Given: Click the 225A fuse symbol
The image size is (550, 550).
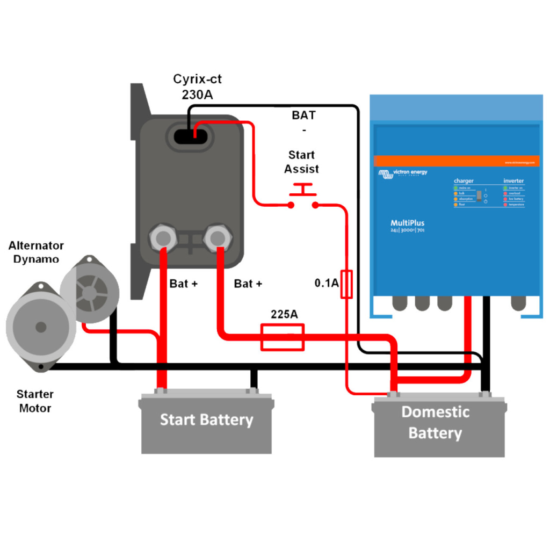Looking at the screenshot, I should [x=283, y=337].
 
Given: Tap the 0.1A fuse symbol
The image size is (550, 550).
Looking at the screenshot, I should [x=347, y=284].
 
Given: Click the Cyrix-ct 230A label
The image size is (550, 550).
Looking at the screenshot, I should [x=197, y=86].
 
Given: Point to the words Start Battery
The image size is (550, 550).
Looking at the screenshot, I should [x=206, y=419].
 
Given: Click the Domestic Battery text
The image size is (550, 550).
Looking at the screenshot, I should [x=436, y=423].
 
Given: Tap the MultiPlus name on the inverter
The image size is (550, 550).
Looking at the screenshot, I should [x=408, y=222].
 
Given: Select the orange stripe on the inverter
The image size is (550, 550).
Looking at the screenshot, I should [x=456, y=161].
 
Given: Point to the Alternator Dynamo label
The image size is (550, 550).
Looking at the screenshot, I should [x=36, y=252].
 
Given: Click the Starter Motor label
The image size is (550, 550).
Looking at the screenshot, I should [x=35, y=401].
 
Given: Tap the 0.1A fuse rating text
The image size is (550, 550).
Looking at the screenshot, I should [x=327, y=283].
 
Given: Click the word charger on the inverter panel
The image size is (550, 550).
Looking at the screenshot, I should [x=464, y=181].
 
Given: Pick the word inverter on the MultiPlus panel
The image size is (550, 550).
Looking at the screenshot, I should [x=513, y=181].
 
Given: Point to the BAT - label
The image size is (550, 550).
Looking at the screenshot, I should [x=303, y=122].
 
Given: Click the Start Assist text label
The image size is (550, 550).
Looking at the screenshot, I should [x=301, y=162].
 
